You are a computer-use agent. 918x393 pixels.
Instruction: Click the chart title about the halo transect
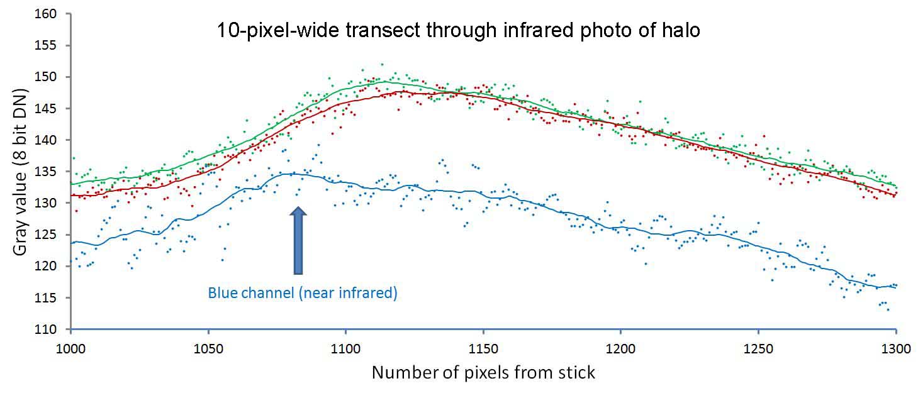459,30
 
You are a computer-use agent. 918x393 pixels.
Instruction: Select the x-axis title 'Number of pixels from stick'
483,372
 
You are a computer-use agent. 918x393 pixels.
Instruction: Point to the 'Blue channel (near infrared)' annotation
303,293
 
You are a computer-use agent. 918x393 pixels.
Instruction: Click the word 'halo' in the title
679,30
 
